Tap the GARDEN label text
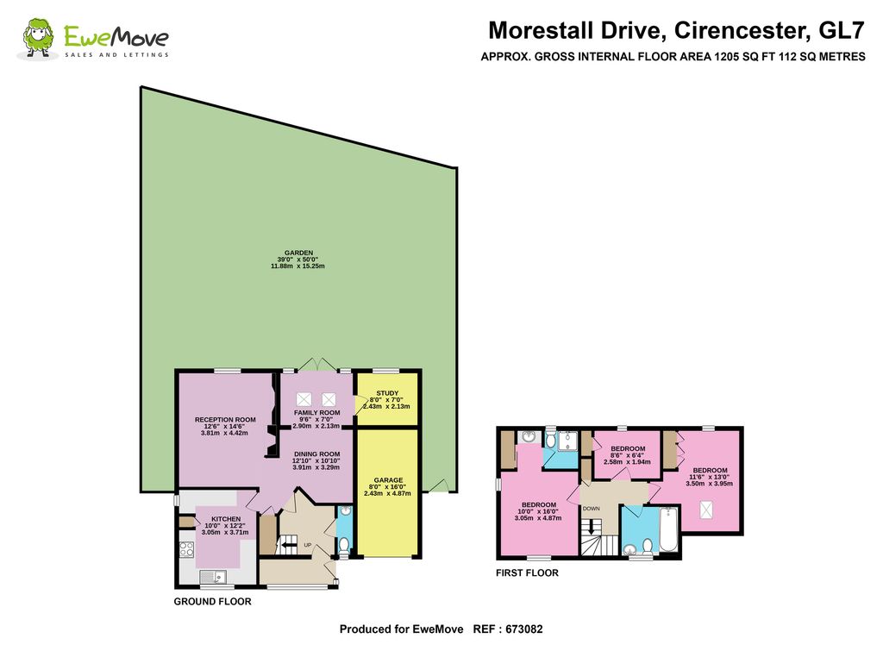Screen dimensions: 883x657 click(298, 253)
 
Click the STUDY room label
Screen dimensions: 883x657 click(387, 393)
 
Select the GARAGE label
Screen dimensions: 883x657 click(388, 480)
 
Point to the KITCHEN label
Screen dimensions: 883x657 click(226, 519)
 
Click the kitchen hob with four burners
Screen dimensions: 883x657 click(186, 549)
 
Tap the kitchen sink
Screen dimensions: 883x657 click(213, 577)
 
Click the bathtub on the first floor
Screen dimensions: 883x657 click(669, 529)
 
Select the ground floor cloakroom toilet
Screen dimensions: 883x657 click(343, 546)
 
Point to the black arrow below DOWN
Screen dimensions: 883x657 click(591, 528)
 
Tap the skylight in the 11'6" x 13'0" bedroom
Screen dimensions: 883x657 click(705, 510)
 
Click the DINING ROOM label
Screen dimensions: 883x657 click(317, 454)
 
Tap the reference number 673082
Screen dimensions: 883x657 click(523, 629)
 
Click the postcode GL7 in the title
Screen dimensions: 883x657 click(841, 30)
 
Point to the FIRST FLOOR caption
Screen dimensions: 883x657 click(527, 573)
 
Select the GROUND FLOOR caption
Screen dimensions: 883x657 click(212, 602)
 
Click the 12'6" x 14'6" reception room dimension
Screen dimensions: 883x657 click(225, 426)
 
